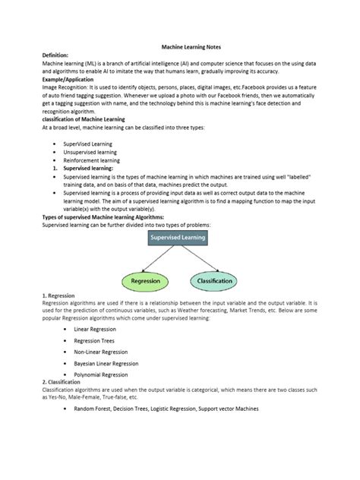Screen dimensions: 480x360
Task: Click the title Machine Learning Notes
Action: point(194,46)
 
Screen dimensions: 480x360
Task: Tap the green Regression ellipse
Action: point(145,280)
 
